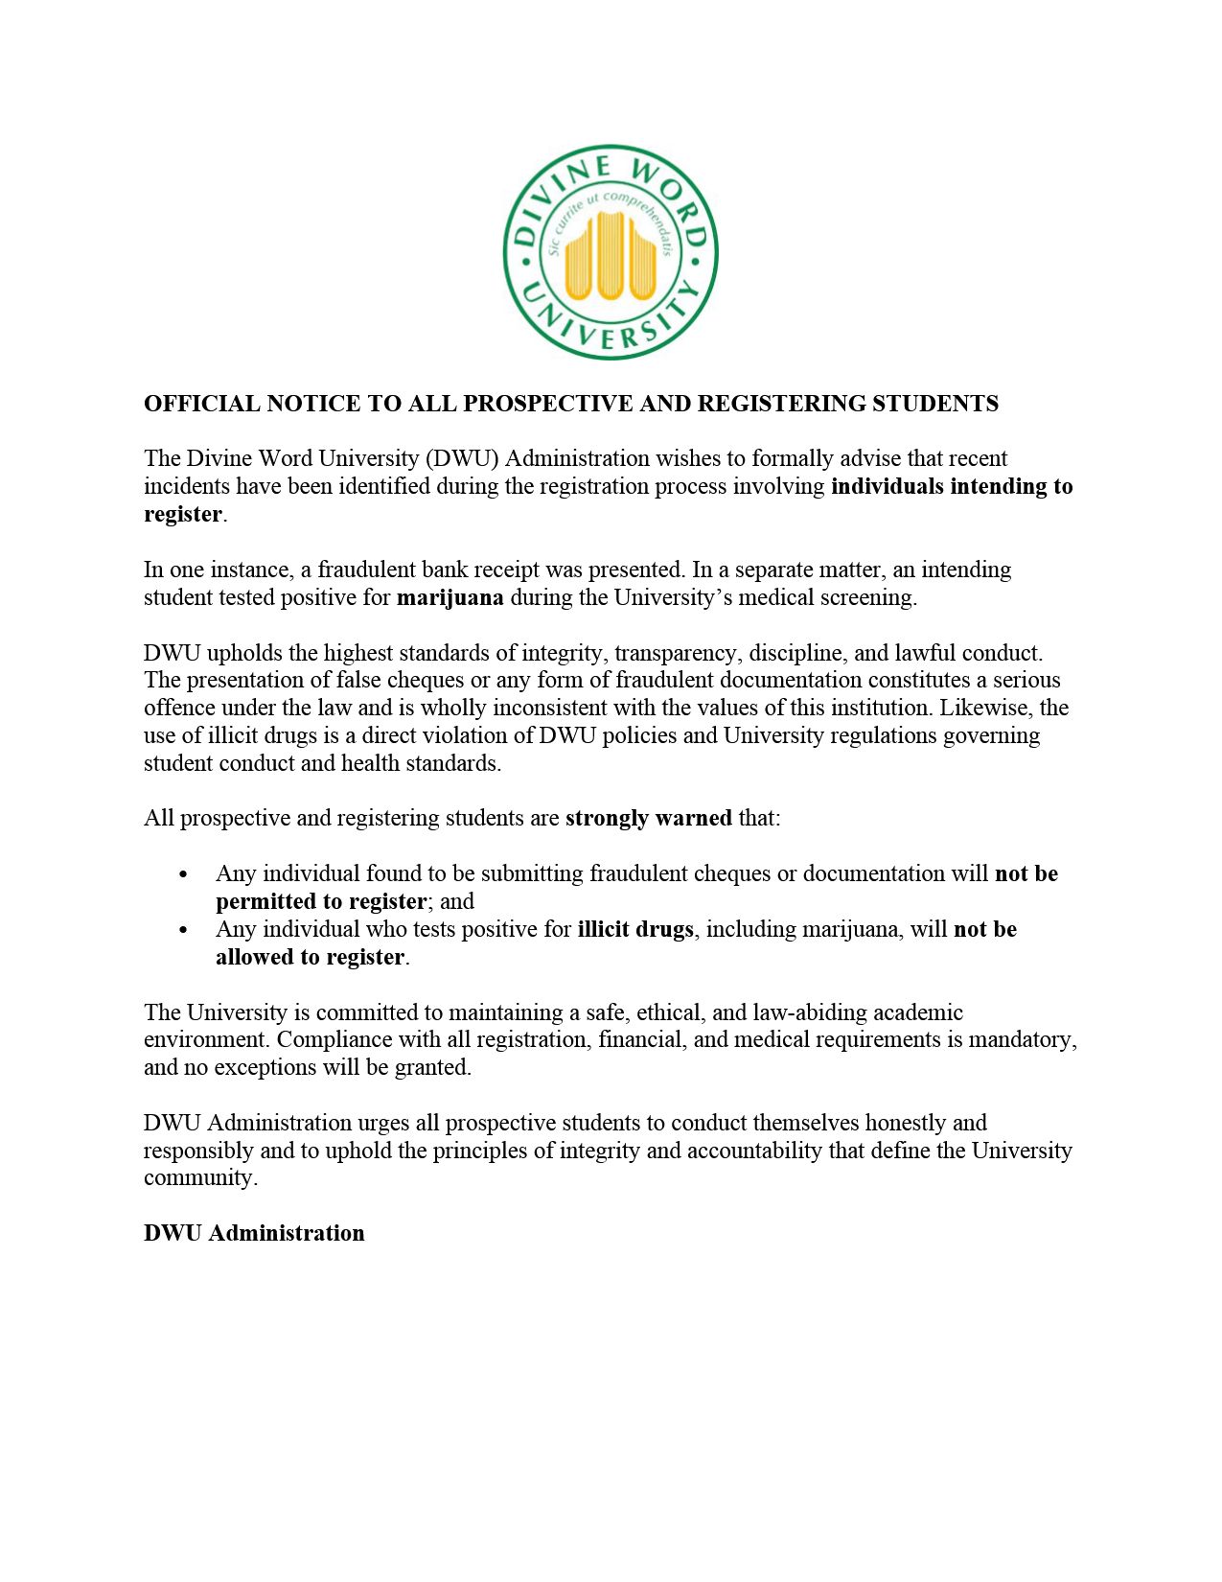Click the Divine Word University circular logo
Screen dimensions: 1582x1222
click(611, 252)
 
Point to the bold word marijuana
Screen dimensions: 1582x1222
click(450, 597)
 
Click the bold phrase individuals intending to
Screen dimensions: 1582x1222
click(951, 486)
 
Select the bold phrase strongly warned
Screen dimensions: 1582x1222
click(648, 819)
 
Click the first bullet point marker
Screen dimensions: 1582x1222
click(183, 874)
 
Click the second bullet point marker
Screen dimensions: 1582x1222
click(183, 930)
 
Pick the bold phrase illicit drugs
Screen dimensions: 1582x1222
click(634, 929)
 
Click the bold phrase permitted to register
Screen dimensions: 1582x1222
click(320, 901)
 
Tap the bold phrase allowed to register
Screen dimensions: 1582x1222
click(310, 957)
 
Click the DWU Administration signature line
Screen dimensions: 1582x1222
click(254, 1233)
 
